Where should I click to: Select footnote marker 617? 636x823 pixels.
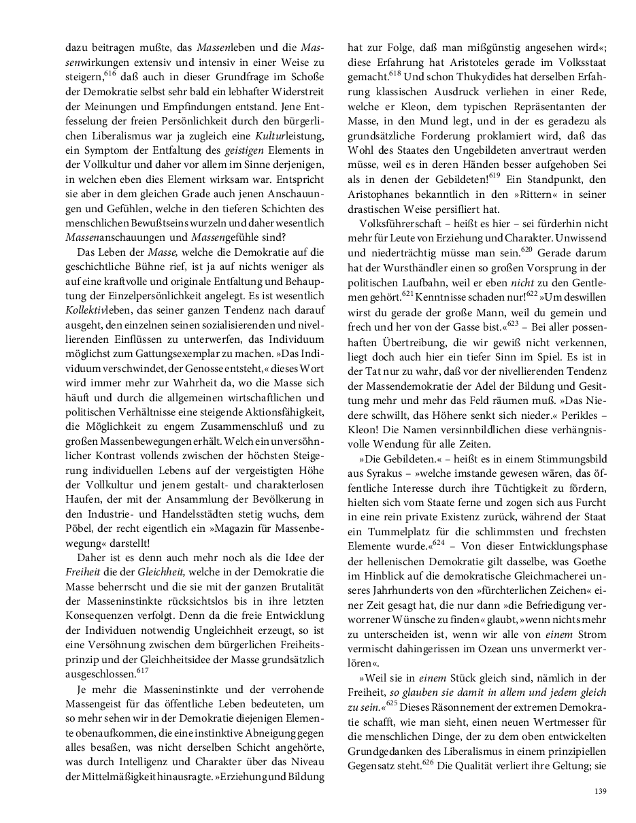click(142, 670)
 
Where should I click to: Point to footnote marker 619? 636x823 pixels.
click(494, 175)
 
